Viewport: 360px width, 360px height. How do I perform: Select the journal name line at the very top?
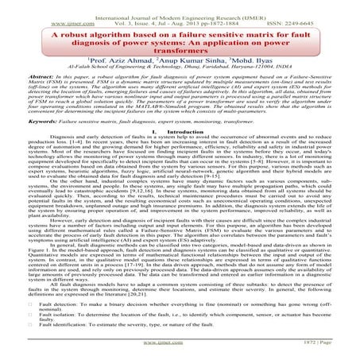point(180,6)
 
